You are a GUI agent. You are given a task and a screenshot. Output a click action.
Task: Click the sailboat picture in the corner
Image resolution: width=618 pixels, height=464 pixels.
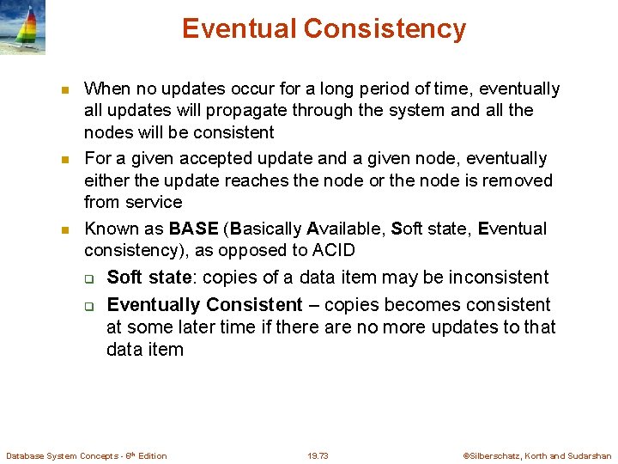23,27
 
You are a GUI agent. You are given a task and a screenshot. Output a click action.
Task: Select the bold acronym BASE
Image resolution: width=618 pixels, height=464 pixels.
194,229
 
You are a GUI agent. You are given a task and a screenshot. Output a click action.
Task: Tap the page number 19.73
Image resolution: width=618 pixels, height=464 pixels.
318,455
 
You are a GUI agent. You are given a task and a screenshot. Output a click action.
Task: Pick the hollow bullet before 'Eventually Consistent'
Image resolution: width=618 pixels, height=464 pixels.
88,306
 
